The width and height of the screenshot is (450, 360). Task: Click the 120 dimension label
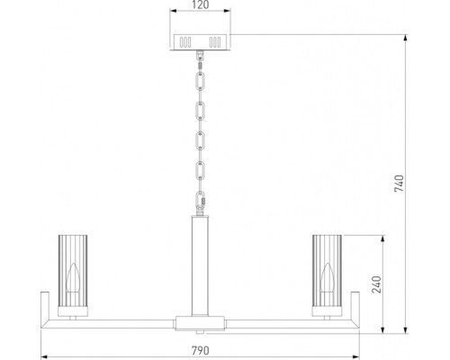click(200, 5)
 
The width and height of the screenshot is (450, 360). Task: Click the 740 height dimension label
click(400, 184)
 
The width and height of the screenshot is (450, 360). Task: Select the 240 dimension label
click(376, 284)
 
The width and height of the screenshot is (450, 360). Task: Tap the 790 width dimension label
click(201, 350)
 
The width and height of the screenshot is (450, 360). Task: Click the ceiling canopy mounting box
click(201, 42)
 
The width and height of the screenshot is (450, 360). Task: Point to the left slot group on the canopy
click(185, 42)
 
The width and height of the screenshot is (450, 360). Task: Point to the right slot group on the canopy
click(215, 42)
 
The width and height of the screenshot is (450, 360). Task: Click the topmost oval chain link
click(200, 80)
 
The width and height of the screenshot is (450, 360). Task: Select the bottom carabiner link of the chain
click(200, 201)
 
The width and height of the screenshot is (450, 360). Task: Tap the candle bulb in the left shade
click(73, 279)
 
